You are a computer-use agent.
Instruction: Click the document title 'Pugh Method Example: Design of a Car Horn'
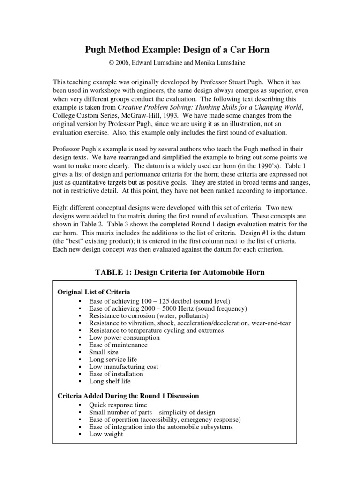tap(180, 50)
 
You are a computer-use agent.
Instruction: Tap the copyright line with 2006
tap(180, 63)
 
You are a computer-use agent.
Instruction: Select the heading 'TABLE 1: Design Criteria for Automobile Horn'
tap(180, 272)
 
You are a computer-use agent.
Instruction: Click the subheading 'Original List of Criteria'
tap(94, 292)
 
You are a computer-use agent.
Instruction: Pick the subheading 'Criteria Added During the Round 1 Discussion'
tap(128, 396)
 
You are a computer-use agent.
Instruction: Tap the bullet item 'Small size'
tap(104, 352)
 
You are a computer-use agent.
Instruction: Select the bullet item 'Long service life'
tap(113, 360)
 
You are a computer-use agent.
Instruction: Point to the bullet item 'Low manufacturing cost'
tap(124, 367)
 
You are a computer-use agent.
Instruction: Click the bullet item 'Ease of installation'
tap(116, 374)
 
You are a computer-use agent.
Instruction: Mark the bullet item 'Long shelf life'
tap(110, 381)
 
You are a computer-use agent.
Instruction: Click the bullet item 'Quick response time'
tap(118, 405)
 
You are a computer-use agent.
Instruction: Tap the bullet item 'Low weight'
tap(106, 434)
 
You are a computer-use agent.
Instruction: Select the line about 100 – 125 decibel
tap(159, 301)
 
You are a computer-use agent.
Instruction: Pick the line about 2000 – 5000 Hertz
tap(168, 308)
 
